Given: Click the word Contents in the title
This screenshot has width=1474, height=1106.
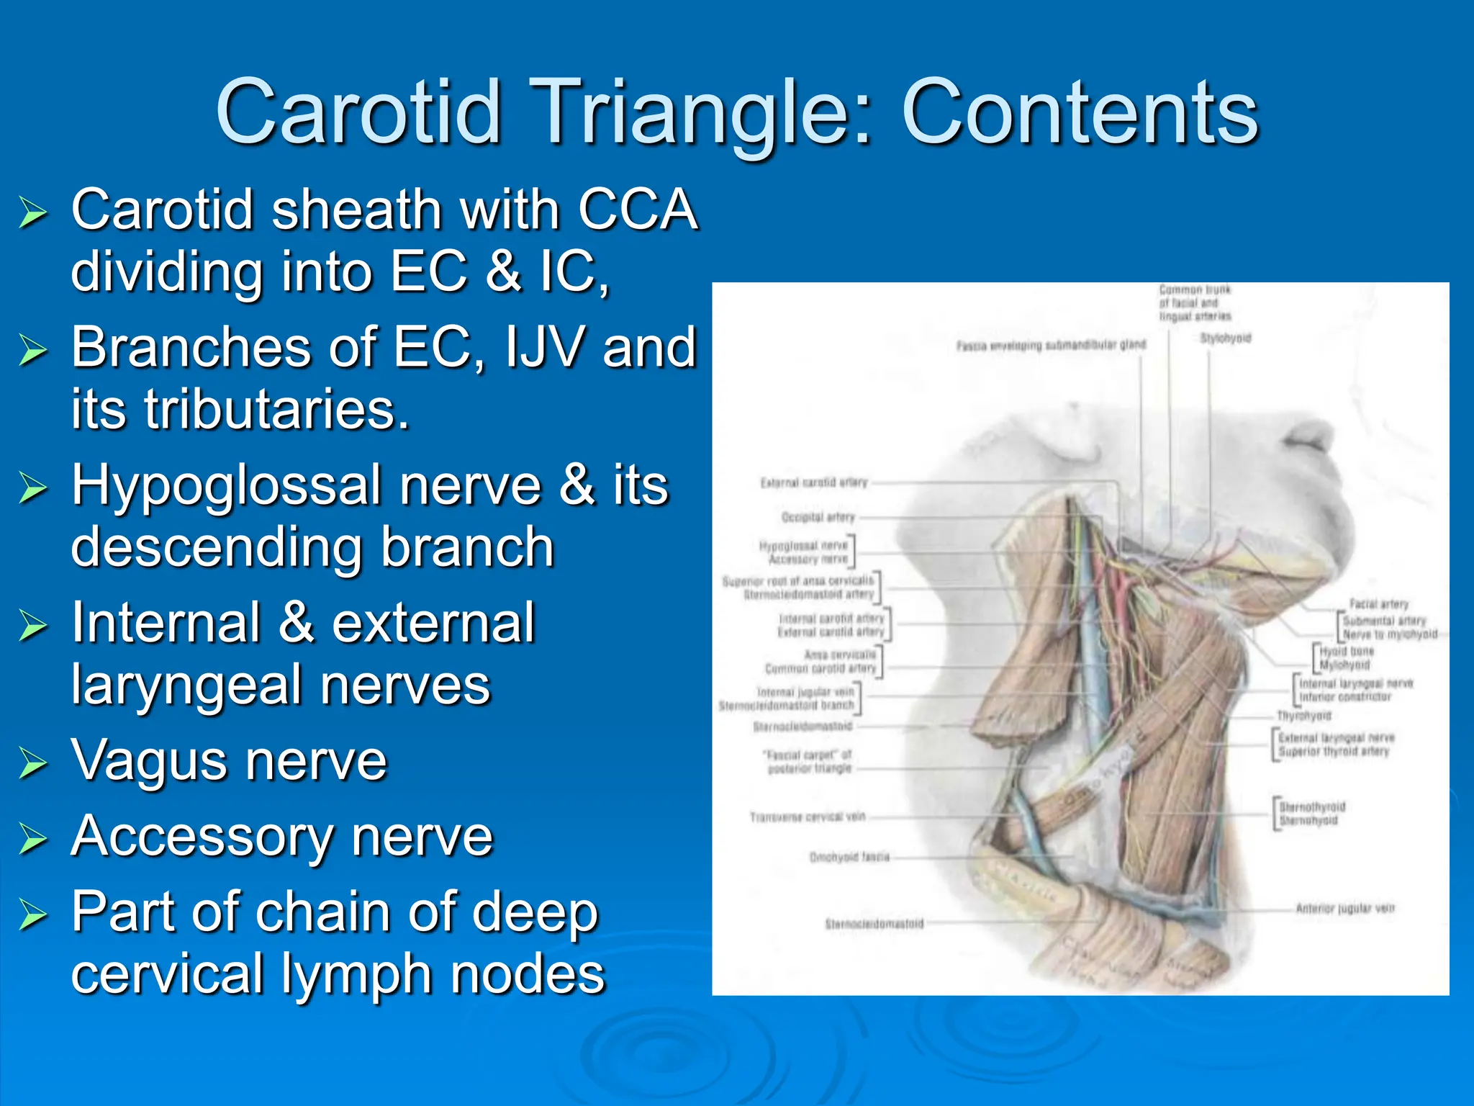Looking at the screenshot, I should [x=1080, y=114].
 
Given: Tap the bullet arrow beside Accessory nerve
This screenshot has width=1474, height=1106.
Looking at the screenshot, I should [x=33, y=840].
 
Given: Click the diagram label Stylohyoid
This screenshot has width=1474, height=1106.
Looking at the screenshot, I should [x=1226, y=338].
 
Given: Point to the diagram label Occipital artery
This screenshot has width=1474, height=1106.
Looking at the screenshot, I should [x=818, y=518].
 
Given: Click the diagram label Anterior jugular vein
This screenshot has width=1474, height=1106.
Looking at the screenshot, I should [x=1345, y=909].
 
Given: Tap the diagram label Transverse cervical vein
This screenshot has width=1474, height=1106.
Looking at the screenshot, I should [x=807, y=817].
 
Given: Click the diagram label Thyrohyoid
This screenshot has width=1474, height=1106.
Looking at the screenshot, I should [x=1303, y=716].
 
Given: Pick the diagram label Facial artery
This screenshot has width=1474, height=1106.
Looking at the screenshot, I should [x=1378, y=605].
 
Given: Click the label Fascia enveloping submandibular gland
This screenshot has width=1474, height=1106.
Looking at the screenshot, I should [x=1051, y=346].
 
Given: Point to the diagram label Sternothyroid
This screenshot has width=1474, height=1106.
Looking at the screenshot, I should [x=1312, y=807].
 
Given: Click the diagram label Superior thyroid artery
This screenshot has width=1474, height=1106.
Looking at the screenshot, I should [x=1334, y=752].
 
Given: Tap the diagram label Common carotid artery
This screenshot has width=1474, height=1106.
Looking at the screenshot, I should [x=820, y=669].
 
